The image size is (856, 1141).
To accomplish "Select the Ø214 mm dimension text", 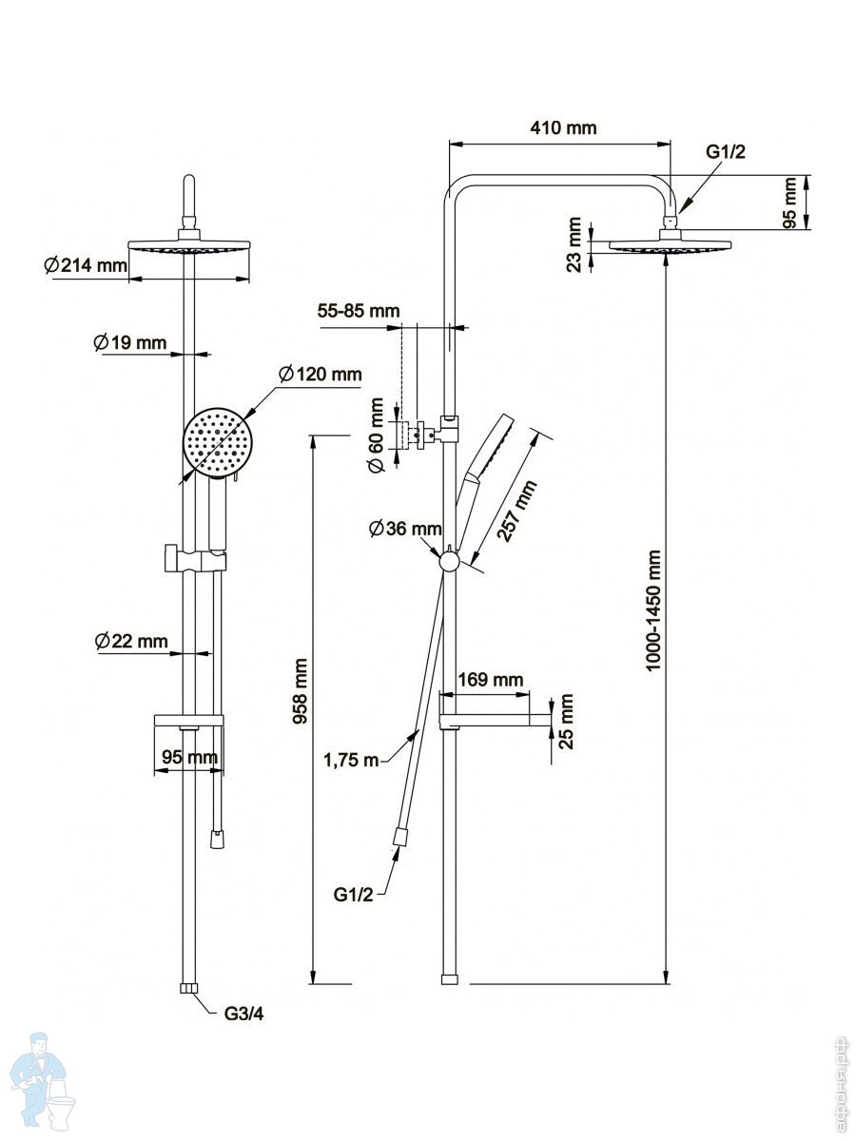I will click(x=85, y=265).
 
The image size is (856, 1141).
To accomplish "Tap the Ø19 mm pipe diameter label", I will click(x=129, y=342).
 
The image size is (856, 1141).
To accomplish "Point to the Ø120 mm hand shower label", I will click(x=321, y=374).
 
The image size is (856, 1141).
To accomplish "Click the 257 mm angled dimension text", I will click(x=517, y=511).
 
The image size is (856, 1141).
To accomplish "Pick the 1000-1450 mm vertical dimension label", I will click(x=653, y=609).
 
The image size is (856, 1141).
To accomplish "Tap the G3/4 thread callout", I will click(x=243, y=1014).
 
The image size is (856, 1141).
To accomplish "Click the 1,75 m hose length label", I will click(x=351, y=759).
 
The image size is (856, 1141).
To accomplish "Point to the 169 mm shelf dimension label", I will click(x=491, y=680).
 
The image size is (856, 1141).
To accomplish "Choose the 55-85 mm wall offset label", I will click(x=359, y=311).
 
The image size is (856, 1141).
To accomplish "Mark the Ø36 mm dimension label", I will click(x=406, y=528).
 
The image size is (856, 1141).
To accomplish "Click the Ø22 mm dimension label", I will click(x=130, y=642).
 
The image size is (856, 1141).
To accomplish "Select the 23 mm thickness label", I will click(x=574, y=245).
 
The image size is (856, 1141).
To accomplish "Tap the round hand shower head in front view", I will click(x=220, y=445).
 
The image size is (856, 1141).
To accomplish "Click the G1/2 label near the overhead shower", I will click(x=725, y=152).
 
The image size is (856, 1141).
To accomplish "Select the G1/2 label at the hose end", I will click(x=353, y=894).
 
